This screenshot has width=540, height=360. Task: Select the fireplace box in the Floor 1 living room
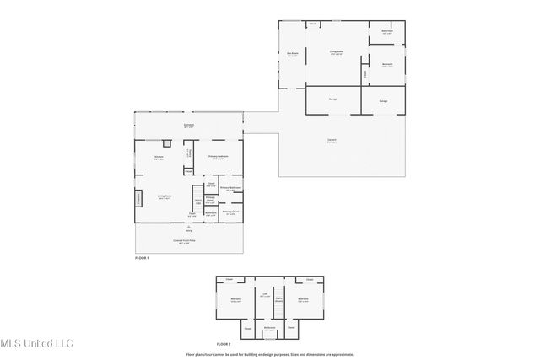pos(138,199)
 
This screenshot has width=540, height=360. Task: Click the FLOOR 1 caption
pos(142,258)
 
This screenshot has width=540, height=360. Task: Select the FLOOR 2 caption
pos(224,344)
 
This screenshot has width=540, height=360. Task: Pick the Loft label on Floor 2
pos(264,296)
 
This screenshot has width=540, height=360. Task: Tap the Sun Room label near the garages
pos(292,56)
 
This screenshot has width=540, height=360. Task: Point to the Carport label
pos(332,141)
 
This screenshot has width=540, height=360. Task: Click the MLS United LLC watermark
pos(37,343)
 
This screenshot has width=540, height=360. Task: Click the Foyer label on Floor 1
pos(192,215)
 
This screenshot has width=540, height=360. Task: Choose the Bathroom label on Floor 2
pos(269,329)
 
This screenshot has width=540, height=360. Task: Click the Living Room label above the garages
pos(335,52)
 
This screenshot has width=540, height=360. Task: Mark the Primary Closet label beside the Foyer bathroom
pos(208,200)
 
